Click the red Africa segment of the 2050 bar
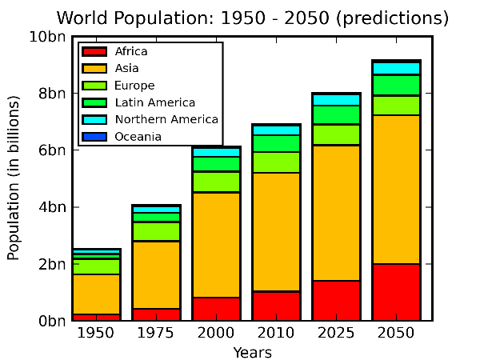tap(396, 292)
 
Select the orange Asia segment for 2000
tap(216, 245)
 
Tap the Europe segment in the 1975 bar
tap(156, 231)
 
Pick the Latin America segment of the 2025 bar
tap(336, 114)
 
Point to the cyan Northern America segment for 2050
tap(396, 68)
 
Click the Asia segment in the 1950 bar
tap(96, 294)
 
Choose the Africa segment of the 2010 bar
tap(276, 306)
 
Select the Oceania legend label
tap(138, 137)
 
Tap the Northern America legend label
tap(166, 119)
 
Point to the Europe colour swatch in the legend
tap(94, 86)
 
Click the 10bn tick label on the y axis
tap(46, 37)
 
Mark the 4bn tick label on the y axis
tap(50, 207)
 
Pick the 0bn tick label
tap(50, 321)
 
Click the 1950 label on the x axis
tap(96, 333)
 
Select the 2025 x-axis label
tap(336, 333)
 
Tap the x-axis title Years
tap(252, 352)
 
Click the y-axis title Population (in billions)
tap(14, 178)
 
